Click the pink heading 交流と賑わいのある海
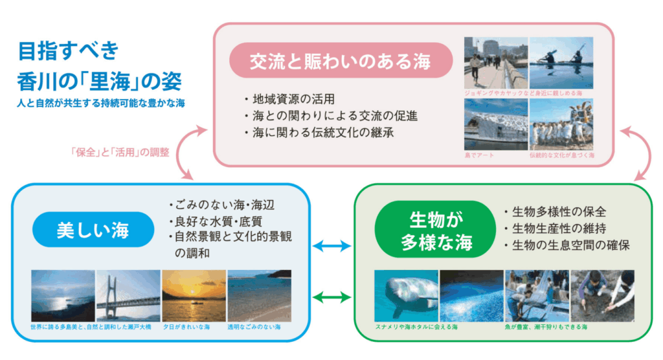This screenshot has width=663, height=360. [341, 61]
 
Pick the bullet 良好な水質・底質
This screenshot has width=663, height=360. [216, 221]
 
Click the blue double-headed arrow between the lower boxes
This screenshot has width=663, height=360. [331, 246]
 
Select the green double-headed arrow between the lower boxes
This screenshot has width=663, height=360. [331, 297]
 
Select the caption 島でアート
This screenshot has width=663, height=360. [479, 156]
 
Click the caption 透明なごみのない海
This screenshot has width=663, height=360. [254, 327]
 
